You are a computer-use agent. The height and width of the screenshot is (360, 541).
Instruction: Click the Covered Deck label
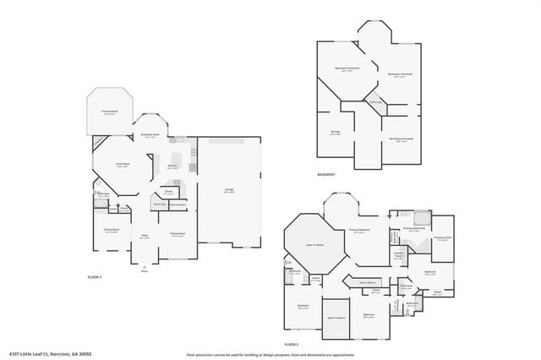point(109,112)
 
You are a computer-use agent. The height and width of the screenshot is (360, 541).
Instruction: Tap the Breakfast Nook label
point(151,135)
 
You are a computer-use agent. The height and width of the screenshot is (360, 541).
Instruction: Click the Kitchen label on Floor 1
point(172,166)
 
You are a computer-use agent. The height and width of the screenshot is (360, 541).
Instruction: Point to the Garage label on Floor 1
point(229,191)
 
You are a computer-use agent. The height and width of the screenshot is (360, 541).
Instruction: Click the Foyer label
point(145,237)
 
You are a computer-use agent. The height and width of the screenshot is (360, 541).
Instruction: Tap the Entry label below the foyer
point(145,270)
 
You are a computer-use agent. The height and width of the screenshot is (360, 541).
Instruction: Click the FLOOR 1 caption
point(95,277)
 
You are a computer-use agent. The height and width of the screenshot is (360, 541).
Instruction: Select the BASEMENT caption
point(326,175)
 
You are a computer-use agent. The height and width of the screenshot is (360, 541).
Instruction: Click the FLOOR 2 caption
point(292,345)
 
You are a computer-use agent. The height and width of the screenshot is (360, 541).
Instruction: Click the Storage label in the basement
point(335,134)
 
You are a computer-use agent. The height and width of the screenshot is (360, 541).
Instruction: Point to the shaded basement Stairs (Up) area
point(374,103)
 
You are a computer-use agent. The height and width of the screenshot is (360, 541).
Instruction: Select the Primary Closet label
point(441,238)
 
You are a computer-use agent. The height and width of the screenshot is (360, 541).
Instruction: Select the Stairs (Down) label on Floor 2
point(366,281)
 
